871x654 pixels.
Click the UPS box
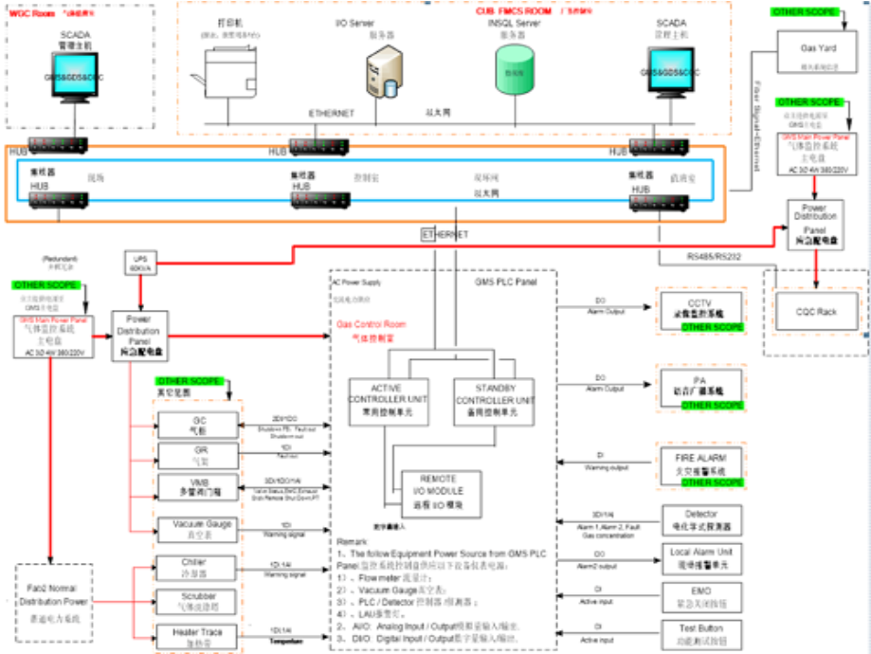tap(138, 263)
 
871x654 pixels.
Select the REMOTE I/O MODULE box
tap(439, 486)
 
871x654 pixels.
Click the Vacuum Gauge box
tap(196, 529)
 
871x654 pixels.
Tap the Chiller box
tap(194, 567)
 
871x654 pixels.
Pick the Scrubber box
tap(194, 602)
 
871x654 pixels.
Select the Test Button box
tap(702, 633)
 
